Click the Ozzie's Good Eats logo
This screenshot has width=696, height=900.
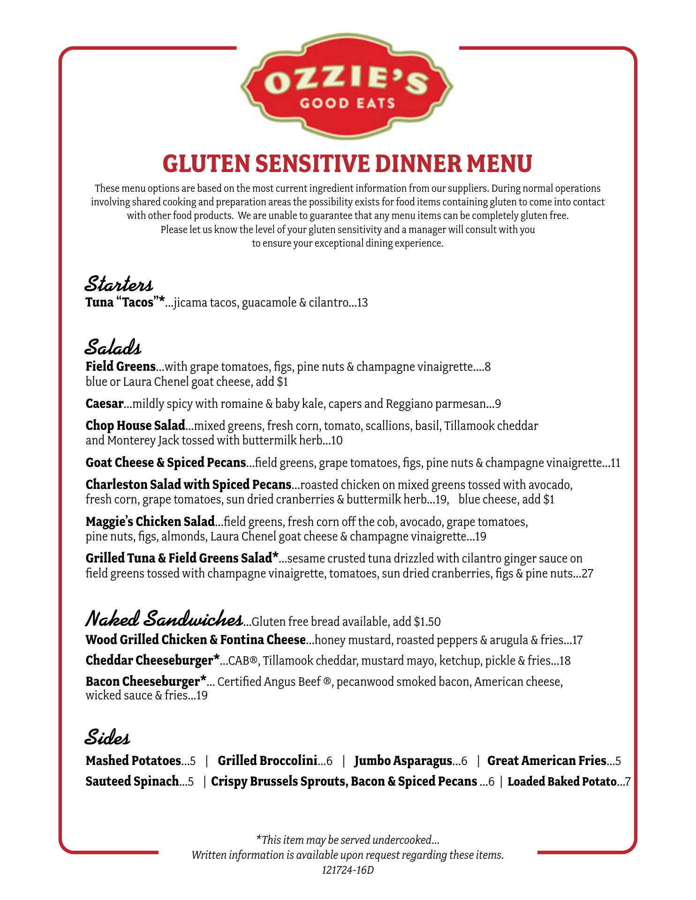click(347, 90)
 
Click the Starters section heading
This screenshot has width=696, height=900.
click(119, 284)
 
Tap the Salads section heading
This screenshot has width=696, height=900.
click(113, 348)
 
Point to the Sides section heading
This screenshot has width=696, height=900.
click(107, 738)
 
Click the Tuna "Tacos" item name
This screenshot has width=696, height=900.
click(125, 302)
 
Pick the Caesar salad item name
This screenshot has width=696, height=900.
click(105, 404)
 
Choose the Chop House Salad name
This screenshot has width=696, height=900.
click(136, 426)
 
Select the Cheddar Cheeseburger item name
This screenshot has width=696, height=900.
click(153, 660)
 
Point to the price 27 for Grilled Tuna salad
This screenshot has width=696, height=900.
click(588, 573)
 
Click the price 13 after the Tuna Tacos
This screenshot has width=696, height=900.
click(362, 303)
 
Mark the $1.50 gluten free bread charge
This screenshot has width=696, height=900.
click(427, 622)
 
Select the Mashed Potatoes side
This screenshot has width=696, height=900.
click(133, 761)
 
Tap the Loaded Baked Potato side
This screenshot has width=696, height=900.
click(562, 781)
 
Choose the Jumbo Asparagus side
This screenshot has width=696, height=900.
click(403, 761)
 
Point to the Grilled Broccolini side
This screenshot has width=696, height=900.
click(267, 761)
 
